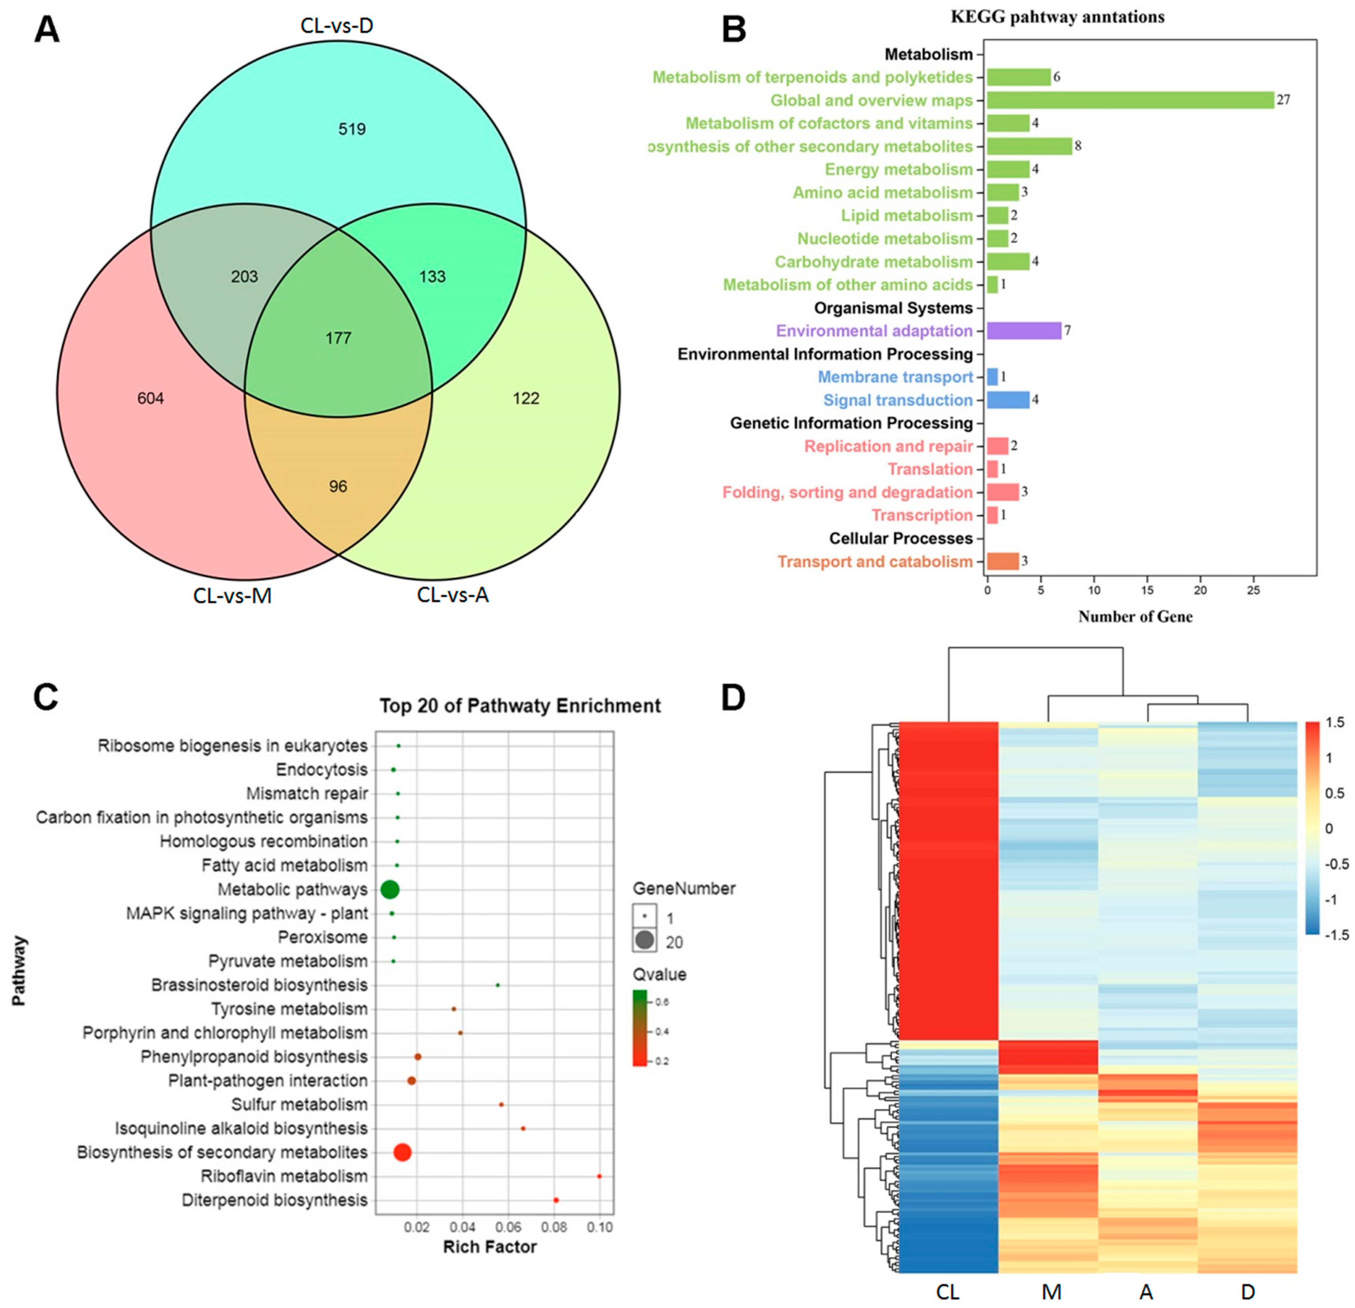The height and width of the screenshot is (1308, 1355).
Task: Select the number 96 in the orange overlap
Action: point(338,487)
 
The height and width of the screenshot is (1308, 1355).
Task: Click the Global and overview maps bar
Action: point(1130,100)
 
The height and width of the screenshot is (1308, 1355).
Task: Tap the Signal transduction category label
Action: point(897,400)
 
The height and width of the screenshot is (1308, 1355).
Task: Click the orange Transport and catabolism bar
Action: point(1002,561)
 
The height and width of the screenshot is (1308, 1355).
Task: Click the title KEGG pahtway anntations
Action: point(1057,16)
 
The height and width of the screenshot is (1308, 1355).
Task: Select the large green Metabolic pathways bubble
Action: point(390,890)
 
